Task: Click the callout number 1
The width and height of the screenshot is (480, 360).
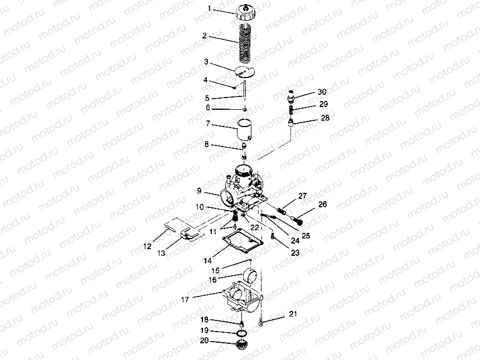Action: (210, 8)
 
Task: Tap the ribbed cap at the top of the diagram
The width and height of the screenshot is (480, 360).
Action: (245, 13)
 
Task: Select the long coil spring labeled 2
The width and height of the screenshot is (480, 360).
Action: (246, 42)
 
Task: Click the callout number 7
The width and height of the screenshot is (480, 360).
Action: (208, 123)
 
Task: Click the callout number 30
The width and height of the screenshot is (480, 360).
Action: (322, 91)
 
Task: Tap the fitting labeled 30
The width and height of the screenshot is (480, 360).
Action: (292, 96)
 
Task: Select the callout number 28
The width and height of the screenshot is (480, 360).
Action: (325, 118)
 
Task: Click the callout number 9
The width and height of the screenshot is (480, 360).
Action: (199, 191)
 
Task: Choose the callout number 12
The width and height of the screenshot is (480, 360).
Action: (147, 246)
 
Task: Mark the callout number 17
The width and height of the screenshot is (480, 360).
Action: (185, 300)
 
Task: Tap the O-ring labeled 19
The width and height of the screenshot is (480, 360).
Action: (243, 333)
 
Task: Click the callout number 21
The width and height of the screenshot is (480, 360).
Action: (293, 314)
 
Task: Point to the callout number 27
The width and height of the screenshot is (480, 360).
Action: (303, 196)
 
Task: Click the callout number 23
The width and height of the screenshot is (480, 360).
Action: (295, 253)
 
